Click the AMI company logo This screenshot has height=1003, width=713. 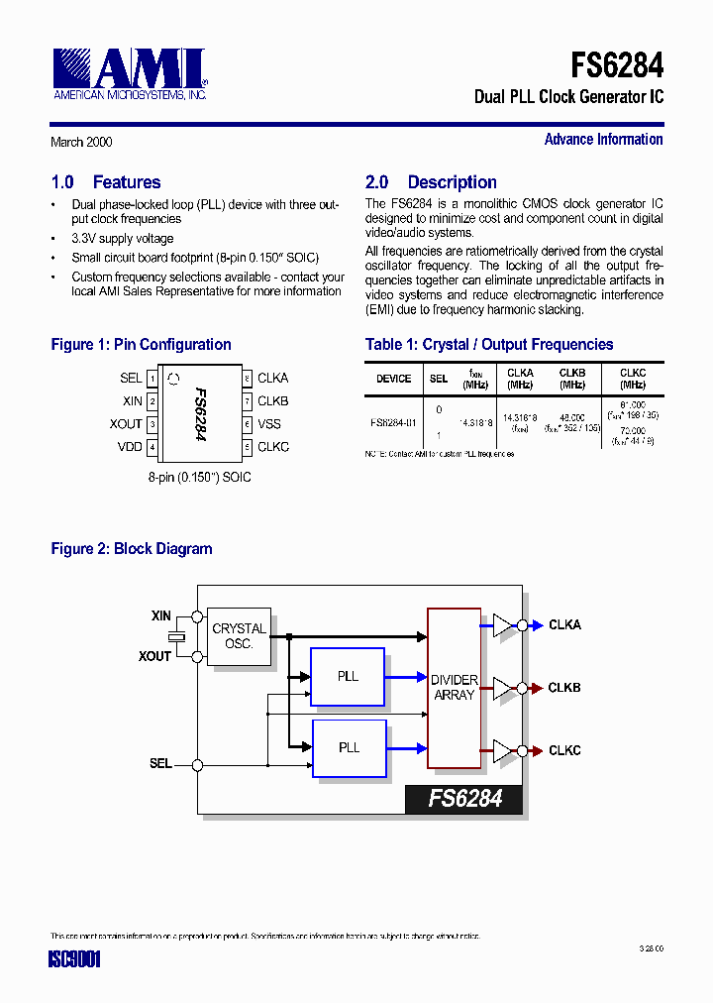point(130,73)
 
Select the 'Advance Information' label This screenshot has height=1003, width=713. point(603,140)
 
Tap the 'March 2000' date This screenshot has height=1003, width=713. point(81,142)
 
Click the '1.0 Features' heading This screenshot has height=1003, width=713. point(105,182)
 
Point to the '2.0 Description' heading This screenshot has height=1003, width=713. point(431,182)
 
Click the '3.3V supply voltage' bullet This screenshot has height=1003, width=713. point(123,239)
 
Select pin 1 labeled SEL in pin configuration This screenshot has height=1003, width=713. point(131,378)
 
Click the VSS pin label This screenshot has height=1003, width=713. point(269,424)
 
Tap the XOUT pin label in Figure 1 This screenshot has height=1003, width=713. point(126,424)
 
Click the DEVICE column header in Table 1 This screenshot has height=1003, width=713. point(393,379)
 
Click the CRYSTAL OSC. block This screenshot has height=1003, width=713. point(239,636)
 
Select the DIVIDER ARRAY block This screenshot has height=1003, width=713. point(454,688)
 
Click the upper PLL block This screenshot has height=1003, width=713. point(348,677)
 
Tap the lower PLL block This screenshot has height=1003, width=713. point(348,748)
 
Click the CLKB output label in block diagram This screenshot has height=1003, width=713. point(564,688)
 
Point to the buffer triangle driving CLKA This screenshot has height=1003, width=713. point(503,625)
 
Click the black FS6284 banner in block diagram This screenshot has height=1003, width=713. point(463,799)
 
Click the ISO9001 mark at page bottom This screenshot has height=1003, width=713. point(75,959)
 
